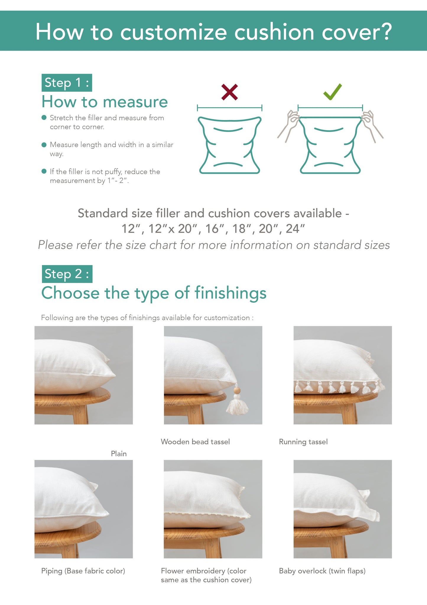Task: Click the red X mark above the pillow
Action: coord(230,92)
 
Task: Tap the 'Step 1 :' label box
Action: coord(67,83)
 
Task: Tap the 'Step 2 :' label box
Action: coord(67,274)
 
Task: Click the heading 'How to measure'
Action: coord(105,102)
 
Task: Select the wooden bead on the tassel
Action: coord(237,390)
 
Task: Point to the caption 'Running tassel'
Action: coord(303,442)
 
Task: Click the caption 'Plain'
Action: coord(118,454)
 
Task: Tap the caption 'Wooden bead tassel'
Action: coord(195,442)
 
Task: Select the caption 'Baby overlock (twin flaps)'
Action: coord(322,571)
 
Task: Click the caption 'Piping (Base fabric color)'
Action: coord(83,571)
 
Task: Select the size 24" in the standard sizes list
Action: coord(295,229)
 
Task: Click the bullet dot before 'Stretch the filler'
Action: coord(44,118)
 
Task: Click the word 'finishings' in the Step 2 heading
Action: coord(230,293)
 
